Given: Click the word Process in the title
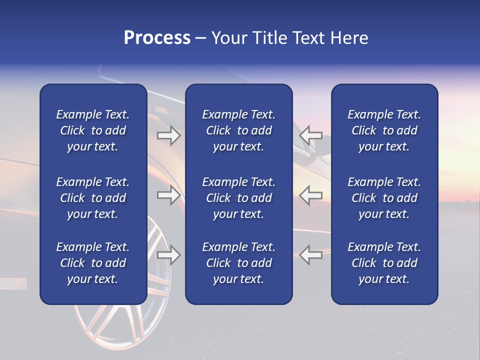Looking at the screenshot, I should tap(157, 38).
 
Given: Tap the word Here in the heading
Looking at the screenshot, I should tap(348, 38).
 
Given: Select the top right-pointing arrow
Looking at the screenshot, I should tap(169, 135).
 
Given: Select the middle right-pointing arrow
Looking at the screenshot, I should tap(169, 195).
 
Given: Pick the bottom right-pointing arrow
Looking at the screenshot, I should tap(169, 255).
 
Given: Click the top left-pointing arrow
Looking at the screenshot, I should tap(311, 135).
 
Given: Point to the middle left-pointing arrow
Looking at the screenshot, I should tap(311, 195).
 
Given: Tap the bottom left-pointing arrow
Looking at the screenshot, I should tap(311, 255).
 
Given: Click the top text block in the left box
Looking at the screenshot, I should tap(93, 130).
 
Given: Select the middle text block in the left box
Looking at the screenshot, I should tap(93, 198).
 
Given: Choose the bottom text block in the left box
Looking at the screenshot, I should tap(93, 263).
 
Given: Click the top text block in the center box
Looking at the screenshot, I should tap(238, 130).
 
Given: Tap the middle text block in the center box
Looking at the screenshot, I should tap(238, 198).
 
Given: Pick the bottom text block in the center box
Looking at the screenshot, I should tap(238, 263).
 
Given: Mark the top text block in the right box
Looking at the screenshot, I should tap(384, 130).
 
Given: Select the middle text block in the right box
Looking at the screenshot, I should tap(384, 198).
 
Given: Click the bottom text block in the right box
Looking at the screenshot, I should tap(384, 263).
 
